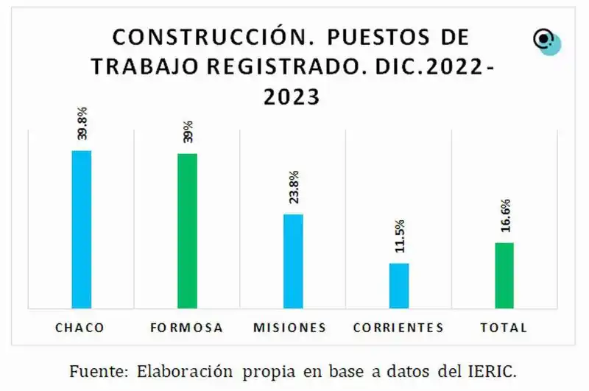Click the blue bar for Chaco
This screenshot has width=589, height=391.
click(x=81, y=229)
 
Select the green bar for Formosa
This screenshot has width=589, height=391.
click(x=187, y=230)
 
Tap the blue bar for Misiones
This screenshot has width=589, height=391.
click(x=293, y=261)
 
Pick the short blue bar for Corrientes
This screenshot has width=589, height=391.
click(x=399, y=285)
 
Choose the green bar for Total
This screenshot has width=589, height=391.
click(x=504, y=275)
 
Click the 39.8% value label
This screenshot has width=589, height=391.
click(x=82, y=124)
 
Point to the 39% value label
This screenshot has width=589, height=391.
click(x=188, y=131)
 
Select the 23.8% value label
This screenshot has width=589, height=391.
click(x=294, y=188)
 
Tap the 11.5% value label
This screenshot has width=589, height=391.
click(x=399, y=236)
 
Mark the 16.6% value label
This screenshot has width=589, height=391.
click(x=505, y=216)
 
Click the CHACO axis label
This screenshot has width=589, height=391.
click(x=80, y=327)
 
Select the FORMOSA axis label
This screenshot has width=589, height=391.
click(x=186, y=327)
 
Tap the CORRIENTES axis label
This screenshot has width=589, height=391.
click(x=398, y=327)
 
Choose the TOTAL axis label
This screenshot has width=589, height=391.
click(x=504, y=327)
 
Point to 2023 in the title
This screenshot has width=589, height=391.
click(x=292, y=96)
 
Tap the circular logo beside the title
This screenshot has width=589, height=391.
click(x=546, y=41)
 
